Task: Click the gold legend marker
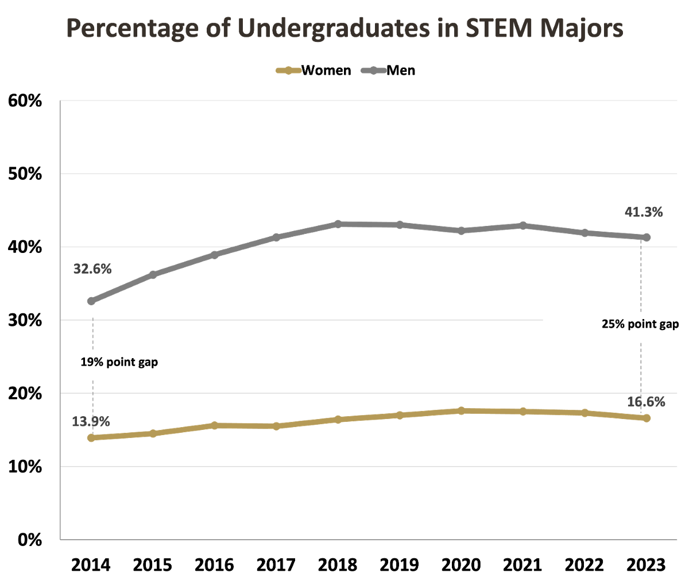point(289,71)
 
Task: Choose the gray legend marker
point(373,71)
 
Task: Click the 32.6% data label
point(92,269)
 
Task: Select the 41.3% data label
point(644,213)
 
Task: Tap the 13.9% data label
point(91,422)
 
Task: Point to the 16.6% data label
point(646,402)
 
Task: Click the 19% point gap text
point(119,363)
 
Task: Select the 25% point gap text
point(640,324)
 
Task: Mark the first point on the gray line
point(91,301)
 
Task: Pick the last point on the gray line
point(647,237)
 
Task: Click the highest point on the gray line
point(338,223)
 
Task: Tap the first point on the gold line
point(91,438)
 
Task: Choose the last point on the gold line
point(647,418)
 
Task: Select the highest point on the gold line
point(461,410)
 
